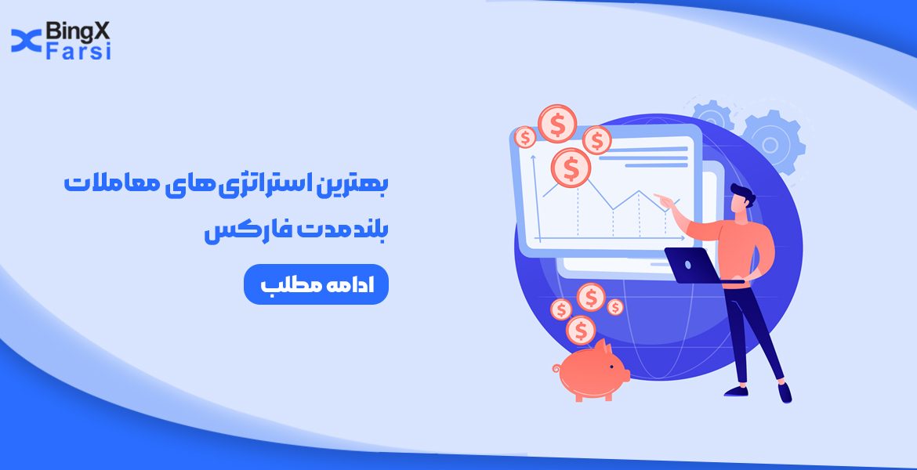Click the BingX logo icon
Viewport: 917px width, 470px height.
(26, 42)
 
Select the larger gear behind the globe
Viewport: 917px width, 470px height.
(771, 142)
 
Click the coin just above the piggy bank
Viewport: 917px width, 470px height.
(581, 330)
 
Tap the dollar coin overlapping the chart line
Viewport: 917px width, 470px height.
(571, 166)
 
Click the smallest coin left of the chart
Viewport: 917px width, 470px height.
(524, 138)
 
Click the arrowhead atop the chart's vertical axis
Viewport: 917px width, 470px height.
(534, 157)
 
